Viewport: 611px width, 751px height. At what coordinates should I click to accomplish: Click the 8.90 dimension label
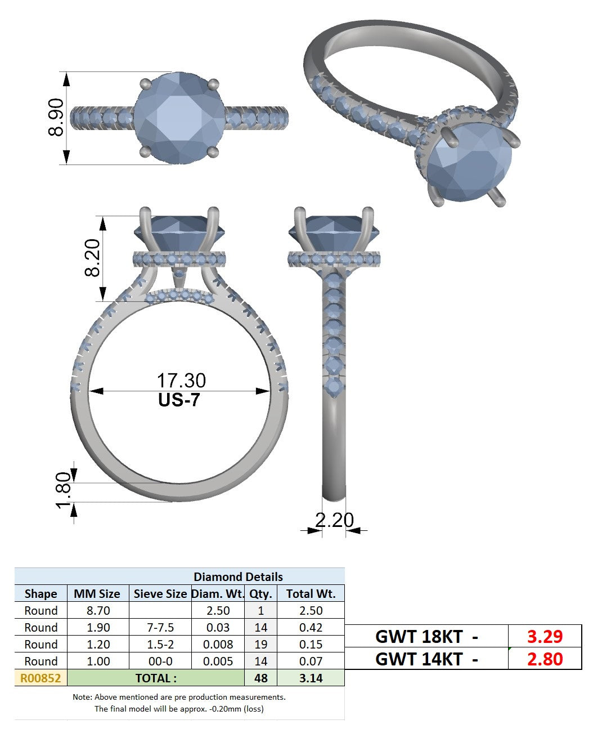[56, 118]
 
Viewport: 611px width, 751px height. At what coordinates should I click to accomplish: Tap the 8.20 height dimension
[92, 257]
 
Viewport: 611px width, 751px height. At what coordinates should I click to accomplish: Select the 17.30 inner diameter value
[181, 381]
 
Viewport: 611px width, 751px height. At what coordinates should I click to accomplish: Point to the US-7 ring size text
[179, 400]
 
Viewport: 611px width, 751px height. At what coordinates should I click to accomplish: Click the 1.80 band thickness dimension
[64, 490]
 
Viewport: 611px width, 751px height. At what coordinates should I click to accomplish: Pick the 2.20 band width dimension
[334, 520]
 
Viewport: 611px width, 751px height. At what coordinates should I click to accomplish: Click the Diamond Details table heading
[238, 577]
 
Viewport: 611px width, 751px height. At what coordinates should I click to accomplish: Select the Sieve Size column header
[160, 594]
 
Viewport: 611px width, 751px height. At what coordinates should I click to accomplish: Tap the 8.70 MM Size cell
[98, 611]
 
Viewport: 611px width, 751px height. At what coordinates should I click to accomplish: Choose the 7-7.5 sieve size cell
[160, 628]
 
